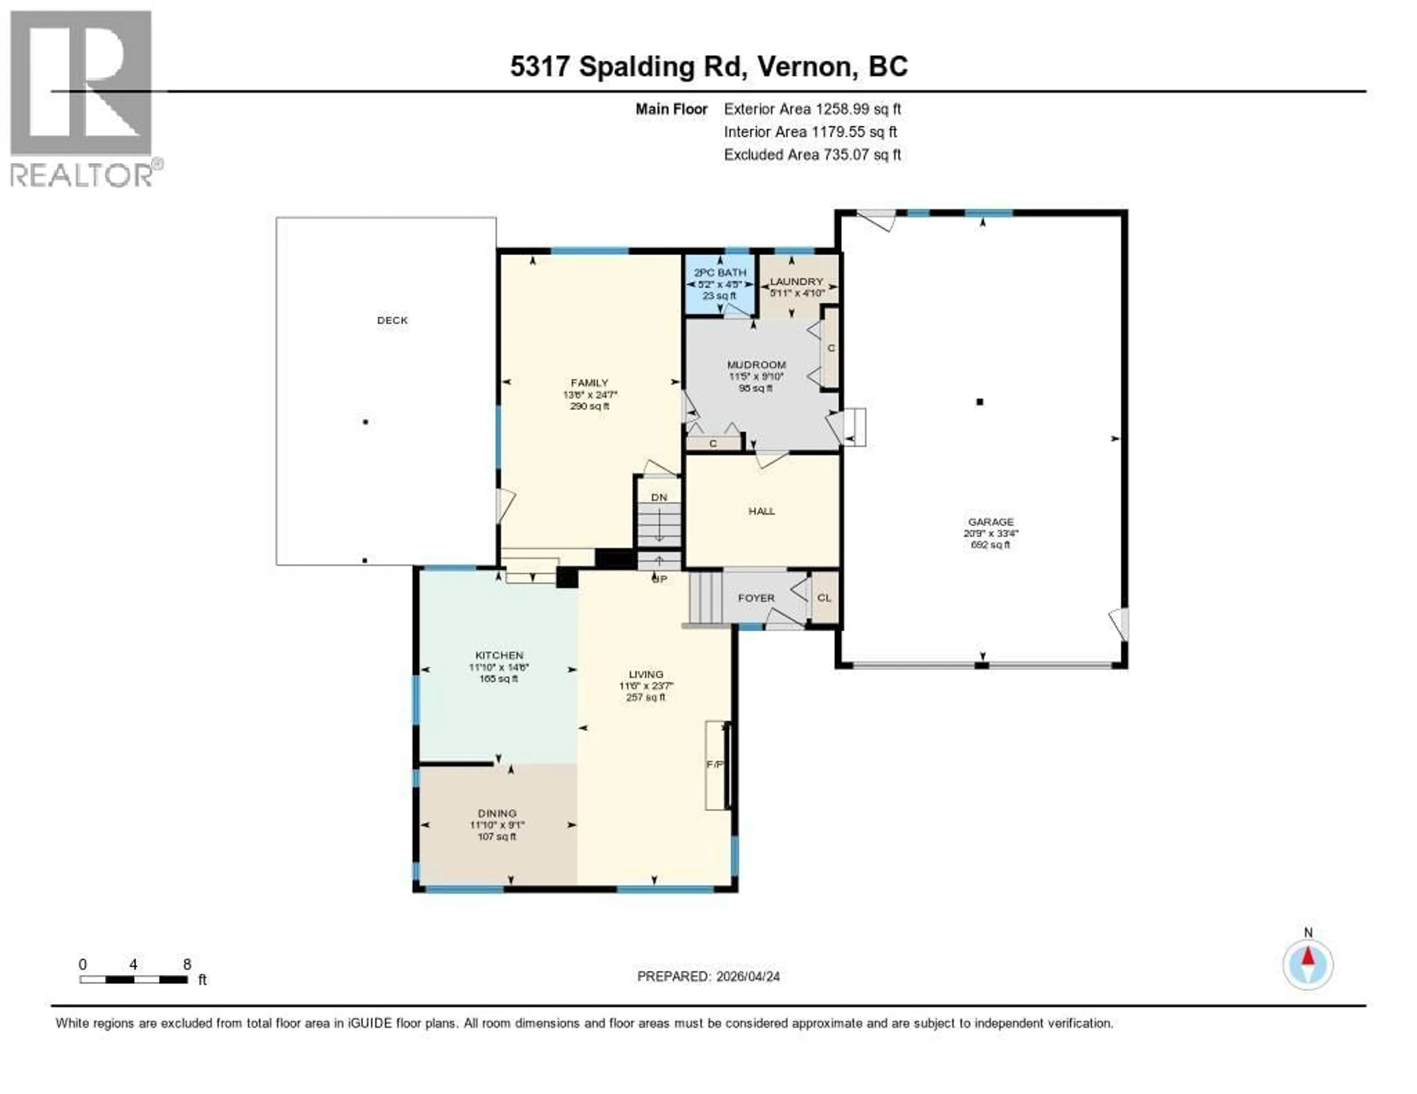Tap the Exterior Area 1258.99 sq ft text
[812, 109]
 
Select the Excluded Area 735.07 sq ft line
[812, 154]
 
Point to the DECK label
[393, 321]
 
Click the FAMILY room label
[589, 382]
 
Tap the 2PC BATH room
[720, 283]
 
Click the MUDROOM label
[756, 364]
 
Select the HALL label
[762, 511]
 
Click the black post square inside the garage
[980, 402]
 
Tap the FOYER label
[756, 598]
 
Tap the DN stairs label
[659, 498]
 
